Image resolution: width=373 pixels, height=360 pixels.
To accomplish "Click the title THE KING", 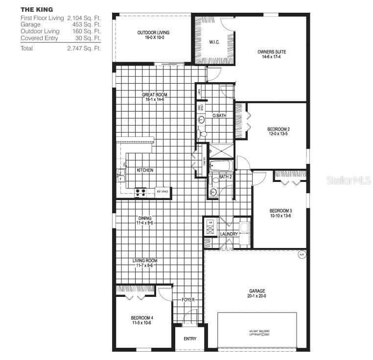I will coord(37,9).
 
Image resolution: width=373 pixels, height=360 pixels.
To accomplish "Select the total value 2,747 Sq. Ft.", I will coord(84,48).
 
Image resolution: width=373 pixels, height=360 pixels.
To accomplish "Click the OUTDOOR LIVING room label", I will coord(153,33).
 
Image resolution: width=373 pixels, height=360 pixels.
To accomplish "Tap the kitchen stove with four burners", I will coord(140,192).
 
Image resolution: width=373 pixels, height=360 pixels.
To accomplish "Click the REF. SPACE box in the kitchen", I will coord(163,192).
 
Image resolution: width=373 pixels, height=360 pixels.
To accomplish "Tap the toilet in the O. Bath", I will coord(203,133).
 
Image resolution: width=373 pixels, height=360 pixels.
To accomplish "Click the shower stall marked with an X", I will coord(221,150).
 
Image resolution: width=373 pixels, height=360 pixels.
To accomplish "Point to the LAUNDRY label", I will coord(229,234).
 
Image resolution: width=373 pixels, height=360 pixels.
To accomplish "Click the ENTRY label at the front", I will coord(190,338).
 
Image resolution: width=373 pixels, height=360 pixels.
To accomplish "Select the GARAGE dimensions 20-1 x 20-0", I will coord(257,295).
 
